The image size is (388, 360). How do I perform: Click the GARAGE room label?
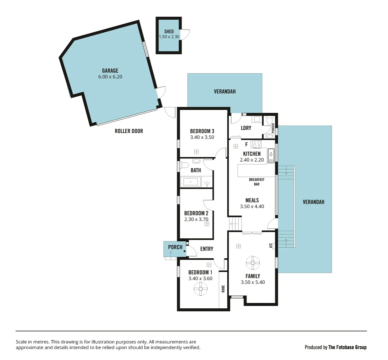click(x=110, y=71)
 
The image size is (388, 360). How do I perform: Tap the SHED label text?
click(x=169, y=31)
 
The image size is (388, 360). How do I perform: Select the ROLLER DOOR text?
click(x=129, y=131)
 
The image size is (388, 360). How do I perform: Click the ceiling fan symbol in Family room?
click(x=253, y=263)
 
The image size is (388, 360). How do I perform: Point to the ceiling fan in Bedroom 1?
click(x=201, y=289)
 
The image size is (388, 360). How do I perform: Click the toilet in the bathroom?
click(x=184, y=165)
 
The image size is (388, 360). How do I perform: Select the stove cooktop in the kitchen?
click(x=257, y=144)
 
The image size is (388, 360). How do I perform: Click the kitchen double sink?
click(x=271, y=155)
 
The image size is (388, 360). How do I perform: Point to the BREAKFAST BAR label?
click(x=257, y=182)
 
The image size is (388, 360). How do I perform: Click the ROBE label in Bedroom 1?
click(x=223, y=289)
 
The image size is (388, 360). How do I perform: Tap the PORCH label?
click(x=175, y=247)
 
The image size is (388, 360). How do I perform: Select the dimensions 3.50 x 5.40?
click(x=253, y=282)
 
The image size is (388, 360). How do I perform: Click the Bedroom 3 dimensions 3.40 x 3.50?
click(x=202, y=137)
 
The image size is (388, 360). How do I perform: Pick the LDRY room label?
click(x=246, y=128)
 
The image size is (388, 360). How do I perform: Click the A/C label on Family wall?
click(x=271, y=246)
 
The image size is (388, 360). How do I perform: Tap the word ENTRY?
click(x=207, y=249)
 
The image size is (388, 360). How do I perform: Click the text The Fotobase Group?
click(x=347, y=347)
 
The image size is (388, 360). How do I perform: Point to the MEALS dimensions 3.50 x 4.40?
click(x=252, y=207)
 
